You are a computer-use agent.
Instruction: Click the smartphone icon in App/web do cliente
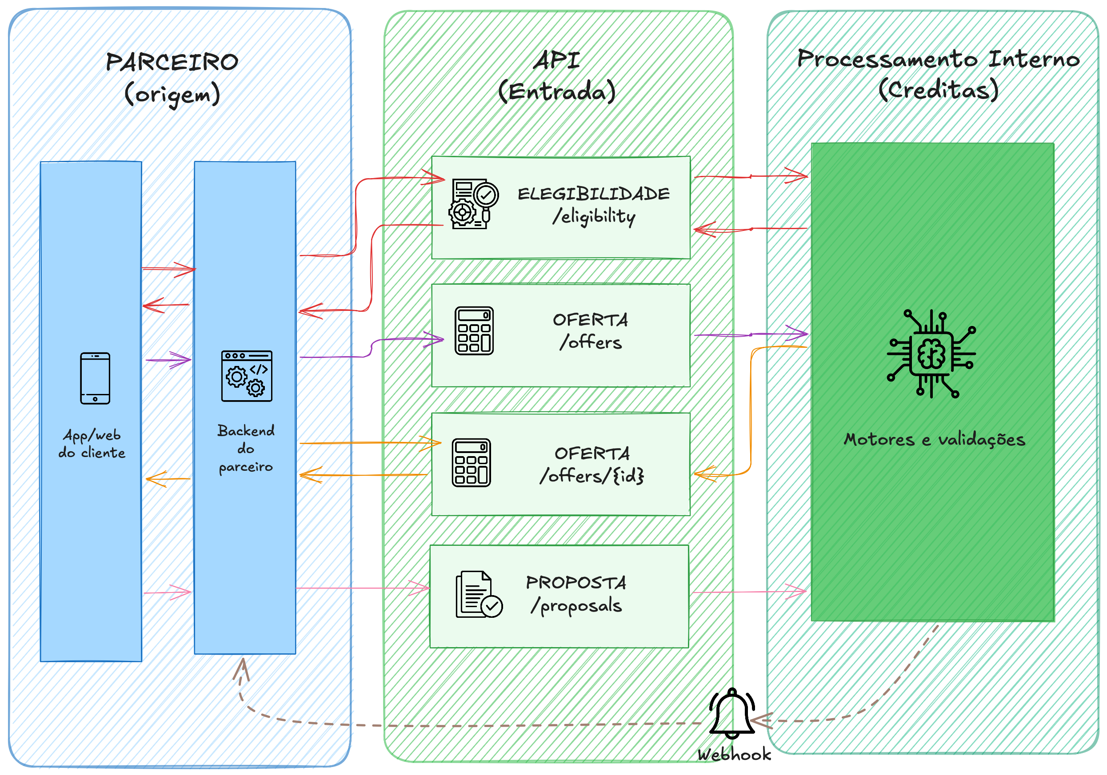coord(95,378)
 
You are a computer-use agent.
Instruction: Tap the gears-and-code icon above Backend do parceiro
coord(246,376)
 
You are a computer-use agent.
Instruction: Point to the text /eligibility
coord(594,216)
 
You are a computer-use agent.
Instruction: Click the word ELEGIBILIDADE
coord(594,194)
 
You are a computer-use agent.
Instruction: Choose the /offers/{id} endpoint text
coord(591,476)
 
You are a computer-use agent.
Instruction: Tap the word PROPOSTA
coord(575,582)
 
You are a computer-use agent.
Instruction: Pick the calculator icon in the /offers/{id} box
coord(471,463)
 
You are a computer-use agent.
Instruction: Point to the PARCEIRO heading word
coord(172,62)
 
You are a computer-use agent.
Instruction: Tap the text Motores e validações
coord(934,440)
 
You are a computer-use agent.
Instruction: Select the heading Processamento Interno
coord(938,59)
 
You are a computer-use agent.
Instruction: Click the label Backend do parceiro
coord(246,449)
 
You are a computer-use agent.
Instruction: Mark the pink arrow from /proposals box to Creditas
coord(750,592)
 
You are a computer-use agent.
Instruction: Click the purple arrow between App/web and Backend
coord(168,360)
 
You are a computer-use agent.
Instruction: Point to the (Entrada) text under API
coord(557,91)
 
